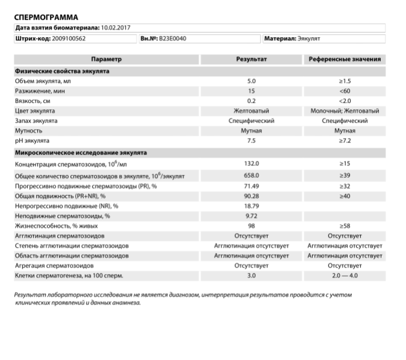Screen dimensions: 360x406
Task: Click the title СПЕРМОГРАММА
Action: [x=46, y=17]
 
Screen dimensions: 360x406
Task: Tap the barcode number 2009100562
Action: [x=60, y=38]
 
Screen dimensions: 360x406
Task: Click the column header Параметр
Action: [x=106, y=59]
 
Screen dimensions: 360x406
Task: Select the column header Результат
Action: [x=251, y=59]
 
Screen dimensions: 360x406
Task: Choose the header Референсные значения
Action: [x=345, y=59]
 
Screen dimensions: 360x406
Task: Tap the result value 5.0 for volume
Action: [x=251, y=81]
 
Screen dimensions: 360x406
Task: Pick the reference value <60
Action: [x=345, y=91]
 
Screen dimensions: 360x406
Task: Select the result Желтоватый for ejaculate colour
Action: [x=251, y=111]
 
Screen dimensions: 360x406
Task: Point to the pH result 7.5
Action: [x=251, y=141]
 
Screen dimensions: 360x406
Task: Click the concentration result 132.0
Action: [x=251, y=163]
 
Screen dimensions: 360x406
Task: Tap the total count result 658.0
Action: [x=251, y=175]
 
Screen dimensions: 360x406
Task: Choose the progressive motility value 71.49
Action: [x=251, y=186]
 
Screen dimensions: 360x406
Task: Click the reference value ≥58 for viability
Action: [x=345, y=225]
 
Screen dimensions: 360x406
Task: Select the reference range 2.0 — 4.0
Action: [x=345, y=275]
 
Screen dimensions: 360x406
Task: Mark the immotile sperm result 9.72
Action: [x=251, y=215]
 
